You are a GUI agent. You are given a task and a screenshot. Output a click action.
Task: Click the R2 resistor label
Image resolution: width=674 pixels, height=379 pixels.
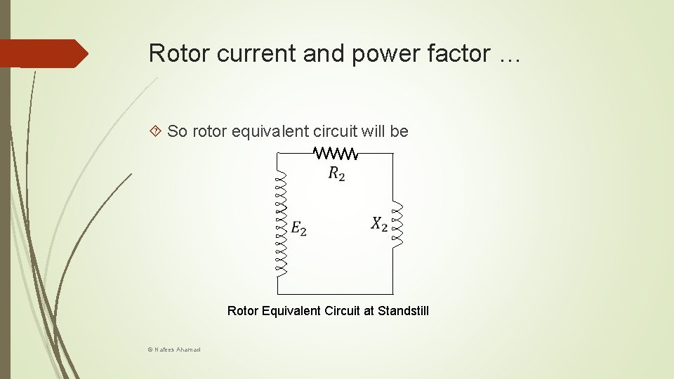point(337,174)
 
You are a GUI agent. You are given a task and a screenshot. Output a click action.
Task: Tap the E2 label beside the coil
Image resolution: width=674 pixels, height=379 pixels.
point(298,228)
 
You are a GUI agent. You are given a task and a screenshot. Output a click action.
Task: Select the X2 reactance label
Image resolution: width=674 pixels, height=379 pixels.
point(379,224)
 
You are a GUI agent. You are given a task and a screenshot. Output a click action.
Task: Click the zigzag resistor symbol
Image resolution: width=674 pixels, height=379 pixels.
point(336,153)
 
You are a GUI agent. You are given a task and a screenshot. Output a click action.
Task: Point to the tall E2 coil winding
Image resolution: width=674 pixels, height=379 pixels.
point(281,223)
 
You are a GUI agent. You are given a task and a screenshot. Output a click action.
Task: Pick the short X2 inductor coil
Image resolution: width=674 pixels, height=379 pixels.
point(397,224)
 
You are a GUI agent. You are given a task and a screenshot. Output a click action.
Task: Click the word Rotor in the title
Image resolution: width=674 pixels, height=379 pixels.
point(180,53)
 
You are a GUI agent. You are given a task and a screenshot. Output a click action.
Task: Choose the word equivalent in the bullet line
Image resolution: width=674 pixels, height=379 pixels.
point(263,131)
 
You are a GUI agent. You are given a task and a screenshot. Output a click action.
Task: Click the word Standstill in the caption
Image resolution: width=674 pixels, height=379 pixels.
point(403,310)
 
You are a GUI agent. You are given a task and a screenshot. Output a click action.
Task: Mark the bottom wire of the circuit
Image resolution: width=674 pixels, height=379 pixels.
point(336,293)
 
